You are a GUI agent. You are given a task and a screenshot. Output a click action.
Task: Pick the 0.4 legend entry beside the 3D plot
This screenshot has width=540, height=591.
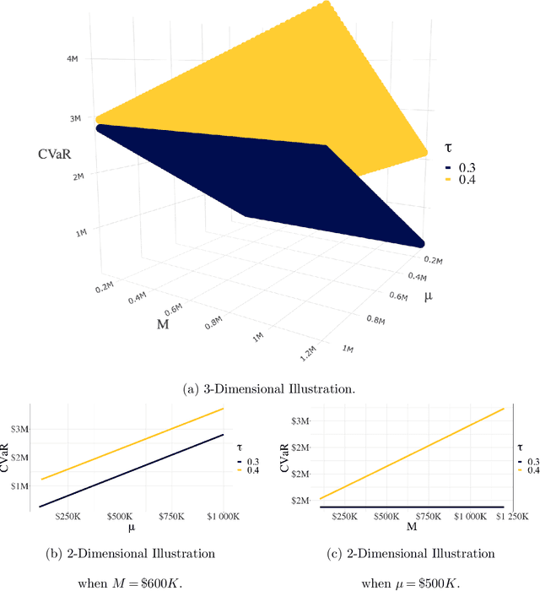tap(461, 180)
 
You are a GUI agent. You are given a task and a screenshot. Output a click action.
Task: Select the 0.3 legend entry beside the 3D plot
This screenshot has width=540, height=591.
tap(461, 169)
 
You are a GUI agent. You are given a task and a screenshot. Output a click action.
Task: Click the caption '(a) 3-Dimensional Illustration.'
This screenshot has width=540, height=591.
tap(270, 388)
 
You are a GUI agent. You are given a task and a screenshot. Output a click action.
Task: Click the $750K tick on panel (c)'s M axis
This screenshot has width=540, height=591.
tap(428, 516)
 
